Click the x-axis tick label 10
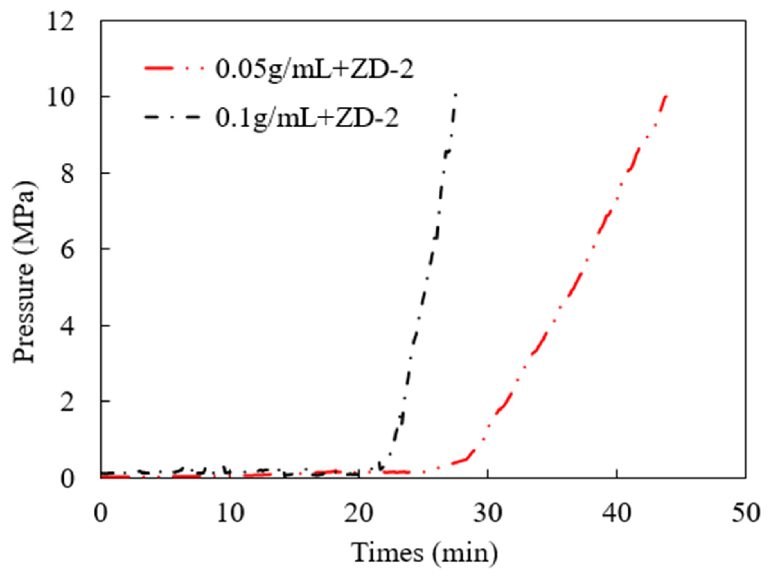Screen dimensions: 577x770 point(230,513)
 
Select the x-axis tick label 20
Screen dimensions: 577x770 point(359,513)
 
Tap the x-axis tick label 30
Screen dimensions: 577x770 point(488,513)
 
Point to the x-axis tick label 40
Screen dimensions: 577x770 point(617,513)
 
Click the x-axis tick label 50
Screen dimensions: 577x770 point(745,513)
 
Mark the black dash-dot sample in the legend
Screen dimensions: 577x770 point(172,117)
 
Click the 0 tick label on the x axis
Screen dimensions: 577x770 point(100,513)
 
